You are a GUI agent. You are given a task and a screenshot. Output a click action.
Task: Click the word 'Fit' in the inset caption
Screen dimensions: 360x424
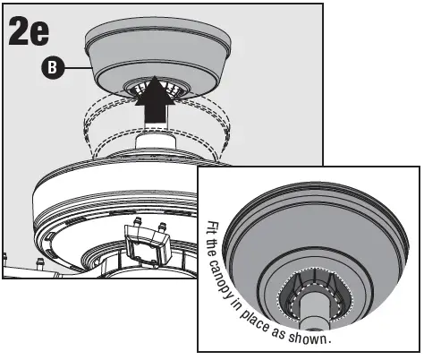(x=212, y=230)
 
